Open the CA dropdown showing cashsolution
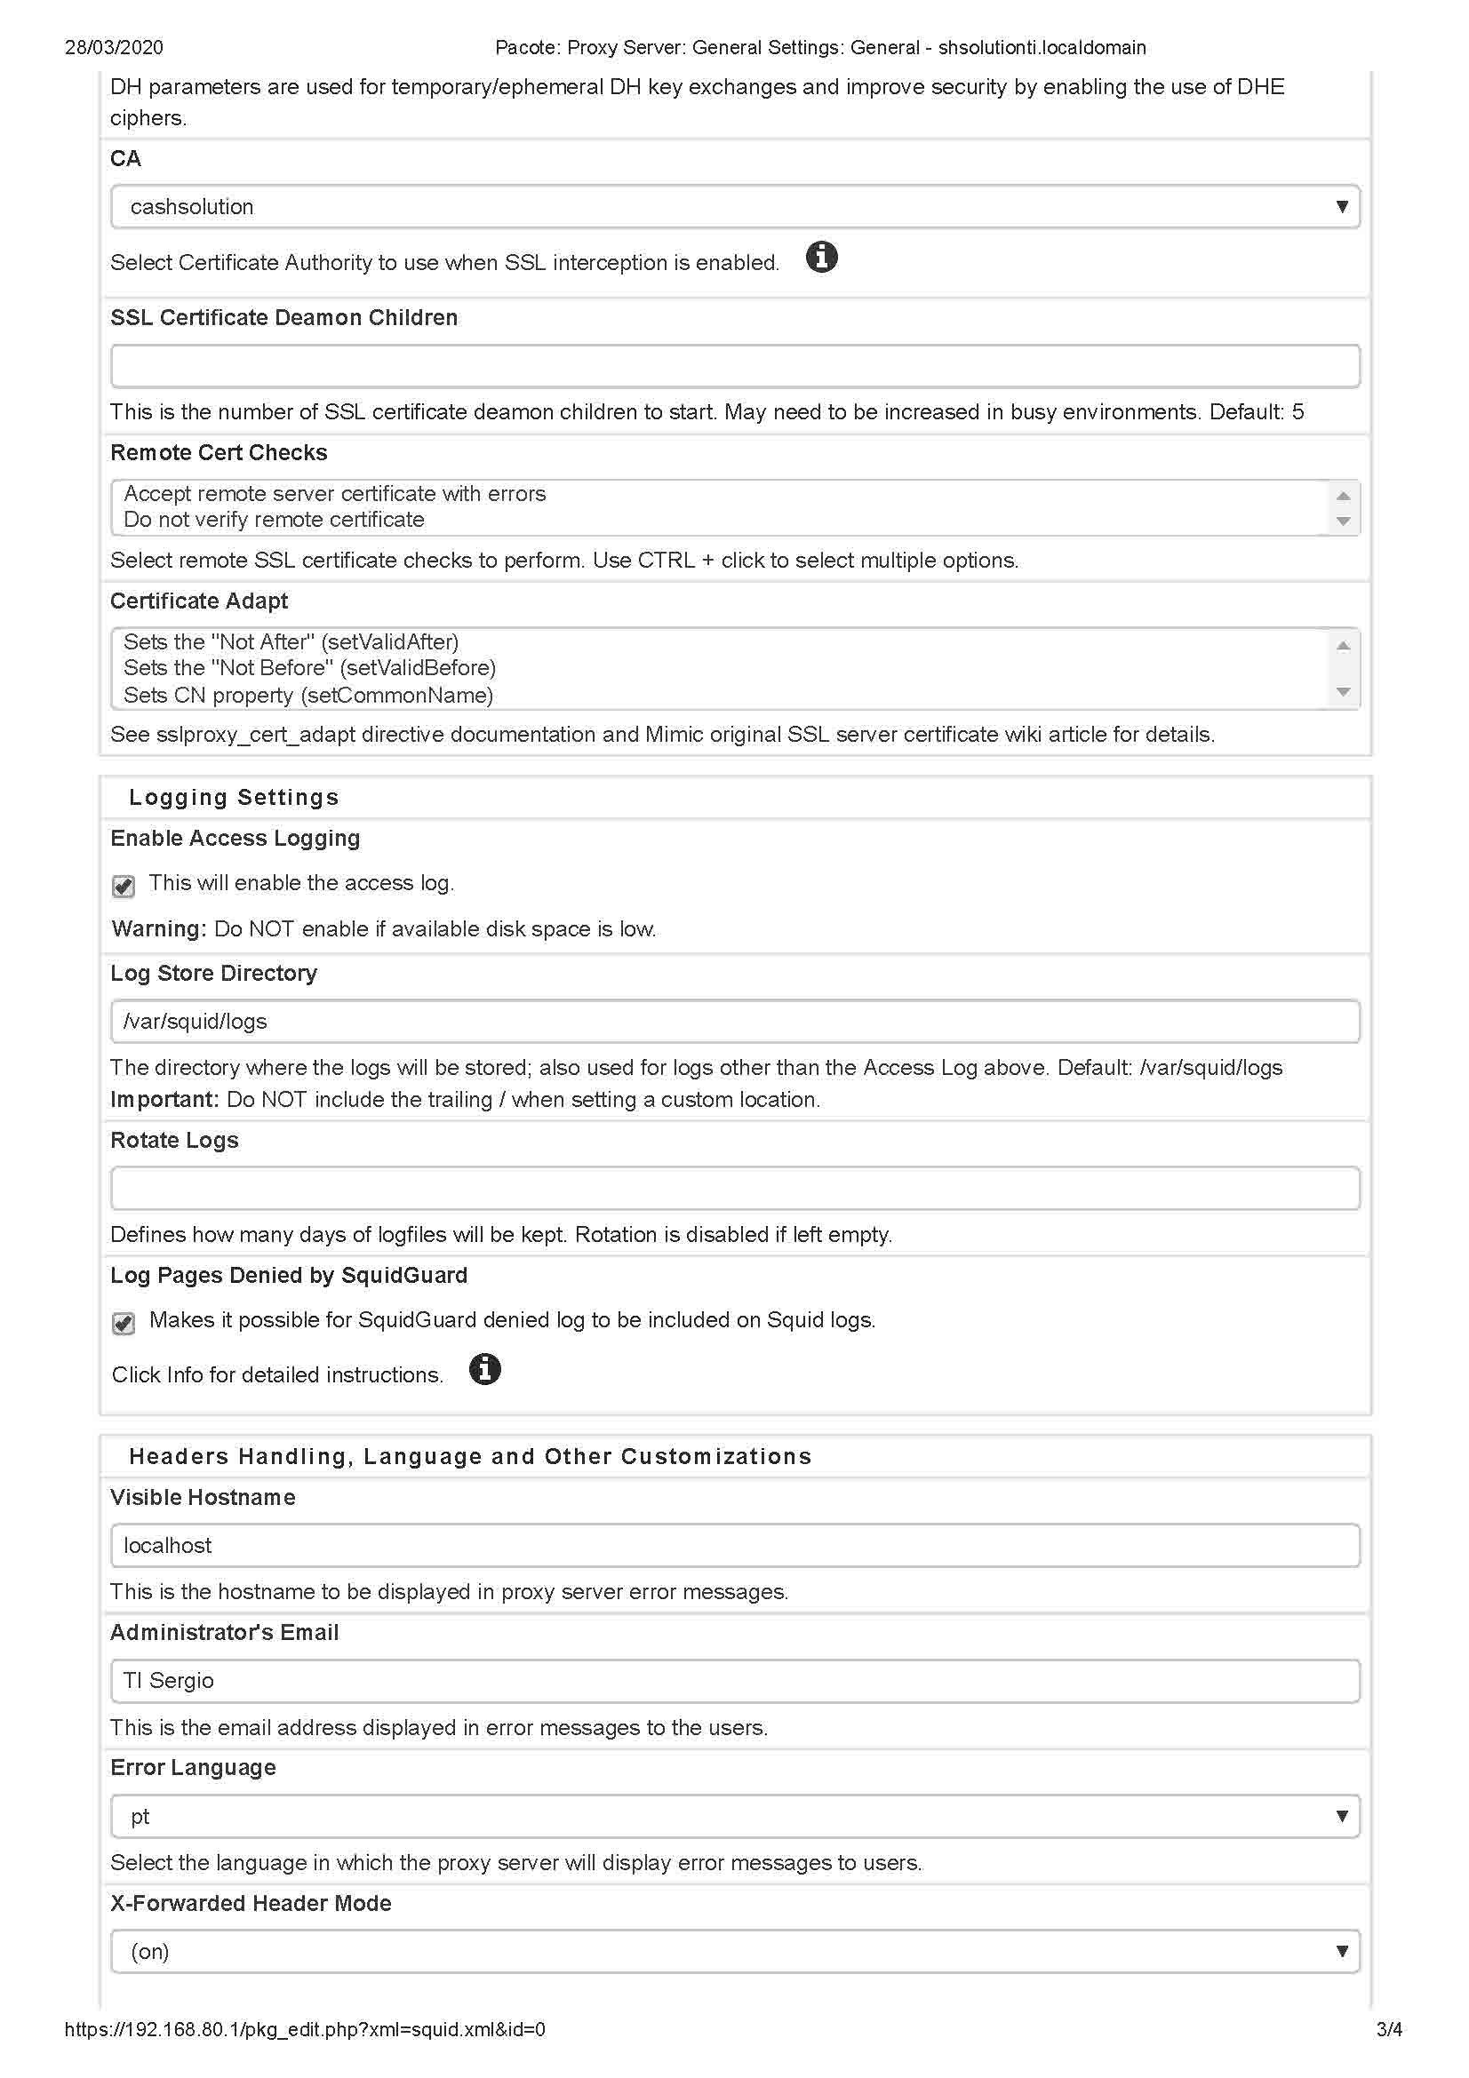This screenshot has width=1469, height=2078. click(734, 206)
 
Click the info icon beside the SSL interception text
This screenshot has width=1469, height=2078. click(821, 257)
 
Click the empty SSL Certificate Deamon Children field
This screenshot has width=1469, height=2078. click(734, 366)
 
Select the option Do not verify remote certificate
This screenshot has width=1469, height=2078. click(274, 520)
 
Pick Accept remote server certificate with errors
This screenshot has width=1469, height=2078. click(334, 493)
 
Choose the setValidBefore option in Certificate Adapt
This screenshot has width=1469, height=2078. click(309, 668)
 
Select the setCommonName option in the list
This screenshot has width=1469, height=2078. click(307, 695)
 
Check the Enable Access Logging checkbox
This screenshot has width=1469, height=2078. click(124, 885)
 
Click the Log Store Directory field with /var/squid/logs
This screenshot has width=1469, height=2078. click(734, 1021)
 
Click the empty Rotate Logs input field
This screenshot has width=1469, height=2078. click(734, 1189)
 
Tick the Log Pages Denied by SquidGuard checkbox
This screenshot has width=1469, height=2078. click(124, 1322)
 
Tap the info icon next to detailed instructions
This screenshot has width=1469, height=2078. click(485, 1369)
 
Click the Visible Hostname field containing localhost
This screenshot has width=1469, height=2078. click(734, 1545)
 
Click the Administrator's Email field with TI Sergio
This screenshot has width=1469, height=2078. click(734, 1681)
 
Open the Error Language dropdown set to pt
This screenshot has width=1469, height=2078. click(734, 1816)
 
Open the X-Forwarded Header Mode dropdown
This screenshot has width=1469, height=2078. click(734, 1951)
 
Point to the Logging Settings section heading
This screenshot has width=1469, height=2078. click(234, 797)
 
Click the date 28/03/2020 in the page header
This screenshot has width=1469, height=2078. click(114, 47)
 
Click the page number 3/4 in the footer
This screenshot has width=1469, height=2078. click(1388, 2029)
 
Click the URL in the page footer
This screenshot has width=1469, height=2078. click(305, 2029)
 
